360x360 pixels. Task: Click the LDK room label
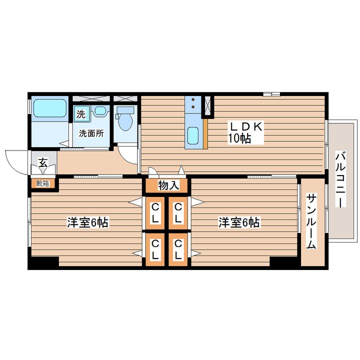pyautogui.click(x=246, y=126)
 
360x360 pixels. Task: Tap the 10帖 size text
pyautogui.click(x=239, y=139)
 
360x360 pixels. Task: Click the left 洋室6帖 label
pyautogui.click(x=87, y=222)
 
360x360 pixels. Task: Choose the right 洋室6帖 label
pyautogui.click(x=238, y=222)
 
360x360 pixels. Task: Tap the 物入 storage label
pyautogui.click(x=168, y=185)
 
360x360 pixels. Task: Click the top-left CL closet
pyautogui.click(x=156, y=212)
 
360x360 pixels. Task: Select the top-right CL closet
pyautogui.click(x=178, y=212)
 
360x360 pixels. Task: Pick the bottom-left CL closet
pyautogui.click(x=156, y=249)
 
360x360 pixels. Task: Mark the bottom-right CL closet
pyautogui.click(x=178, y=249)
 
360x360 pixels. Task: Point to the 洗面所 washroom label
pyautogui.click(x=90, y=133)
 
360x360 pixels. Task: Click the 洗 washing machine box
pyautogui.click(x=81, y=113)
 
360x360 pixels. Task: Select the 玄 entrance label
pyautogui.click(x=43, y=163)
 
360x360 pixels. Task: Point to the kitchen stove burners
pyautogui.click(x=192, y=104)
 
